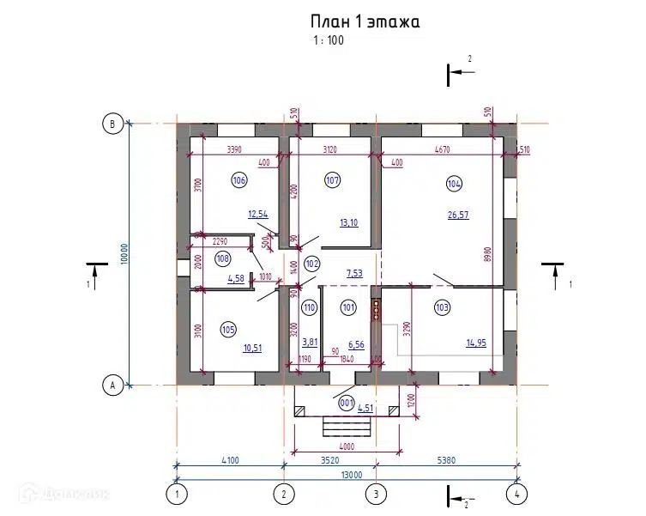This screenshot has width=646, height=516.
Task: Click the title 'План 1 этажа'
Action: pyautogui.click(x=365, y=22)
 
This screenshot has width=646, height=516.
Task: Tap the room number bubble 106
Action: pyautogui.click(x=238, y=180)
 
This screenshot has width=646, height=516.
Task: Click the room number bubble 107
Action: pyautogui.click(x=333, y=180)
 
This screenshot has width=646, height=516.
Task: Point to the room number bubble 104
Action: pyautogui.click(x=454, y=183)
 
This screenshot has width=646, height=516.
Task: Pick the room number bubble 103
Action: pyautogui.click(x=443, y=307)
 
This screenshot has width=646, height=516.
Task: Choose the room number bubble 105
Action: pyautogui.click(x=228, y=329)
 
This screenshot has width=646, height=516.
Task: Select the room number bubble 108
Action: pyautogui.click(x=223, y=258)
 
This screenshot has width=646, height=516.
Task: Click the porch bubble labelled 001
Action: pyautogui.click(x=347, y=403)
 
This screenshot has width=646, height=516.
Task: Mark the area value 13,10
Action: pyautogui.click(x=348, y=223)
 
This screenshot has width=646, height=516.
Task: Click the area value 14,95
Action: pyautogui.click(x=477, y=343)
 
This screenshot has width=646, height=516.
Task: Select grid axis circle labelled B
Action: pyautogui.click(x=111, y=124)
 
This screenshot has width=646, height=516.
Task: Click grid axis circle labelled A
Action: pyautogui.click(x=111, y=385)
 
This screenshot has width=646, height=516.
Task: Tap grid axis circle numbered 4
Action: pyautogui.click(x=516, y=494)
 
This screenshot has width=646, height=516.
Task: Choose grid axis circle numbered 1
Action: pyautogui.click(x=176, y=494)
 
